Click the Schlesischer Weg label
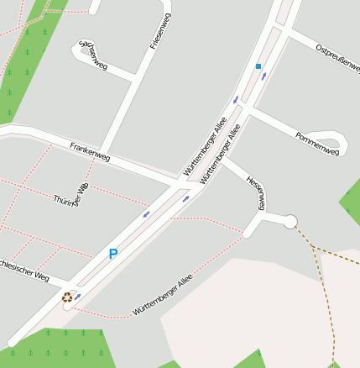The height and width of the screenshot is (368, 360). point(25,270)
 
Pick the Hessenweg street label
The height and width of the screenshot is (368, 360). point(256,192)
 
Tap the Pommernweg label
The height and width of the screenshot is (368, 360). point(317,145)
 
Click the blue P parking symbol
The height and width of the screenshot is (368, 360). point(113,253)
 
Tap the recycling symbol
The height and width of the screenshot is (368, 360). point(66,297)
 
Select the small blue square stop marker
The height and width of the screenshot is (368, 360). point(258,66)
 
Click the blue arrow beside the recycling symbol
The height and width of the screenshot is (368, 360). point(78,296)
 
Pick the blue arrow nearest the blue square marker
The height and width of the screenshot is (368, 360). point(265,76)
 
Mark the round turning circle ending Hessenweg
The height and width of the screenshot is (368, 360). point(290,221)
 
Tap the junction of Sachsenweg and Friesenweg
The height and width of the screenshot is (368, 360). point(134,80)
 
